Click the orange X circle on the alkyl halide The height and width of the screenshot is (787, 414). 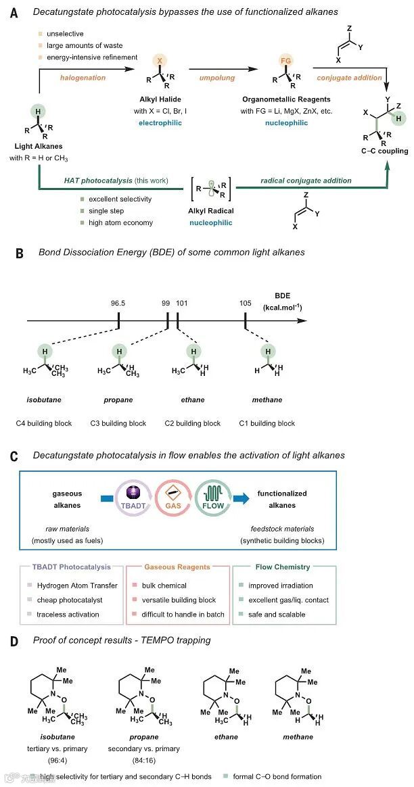click(160, 60)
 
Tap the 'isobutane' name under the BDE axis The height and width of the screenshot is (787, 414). click(44, 400)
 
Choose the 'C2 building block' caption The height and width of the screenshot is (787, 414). click(193, 423)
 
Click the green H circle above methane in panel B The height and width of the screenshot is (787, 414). click(269, 351)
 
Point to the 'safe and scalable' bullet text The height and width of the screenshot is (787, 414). click(277, 615)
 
